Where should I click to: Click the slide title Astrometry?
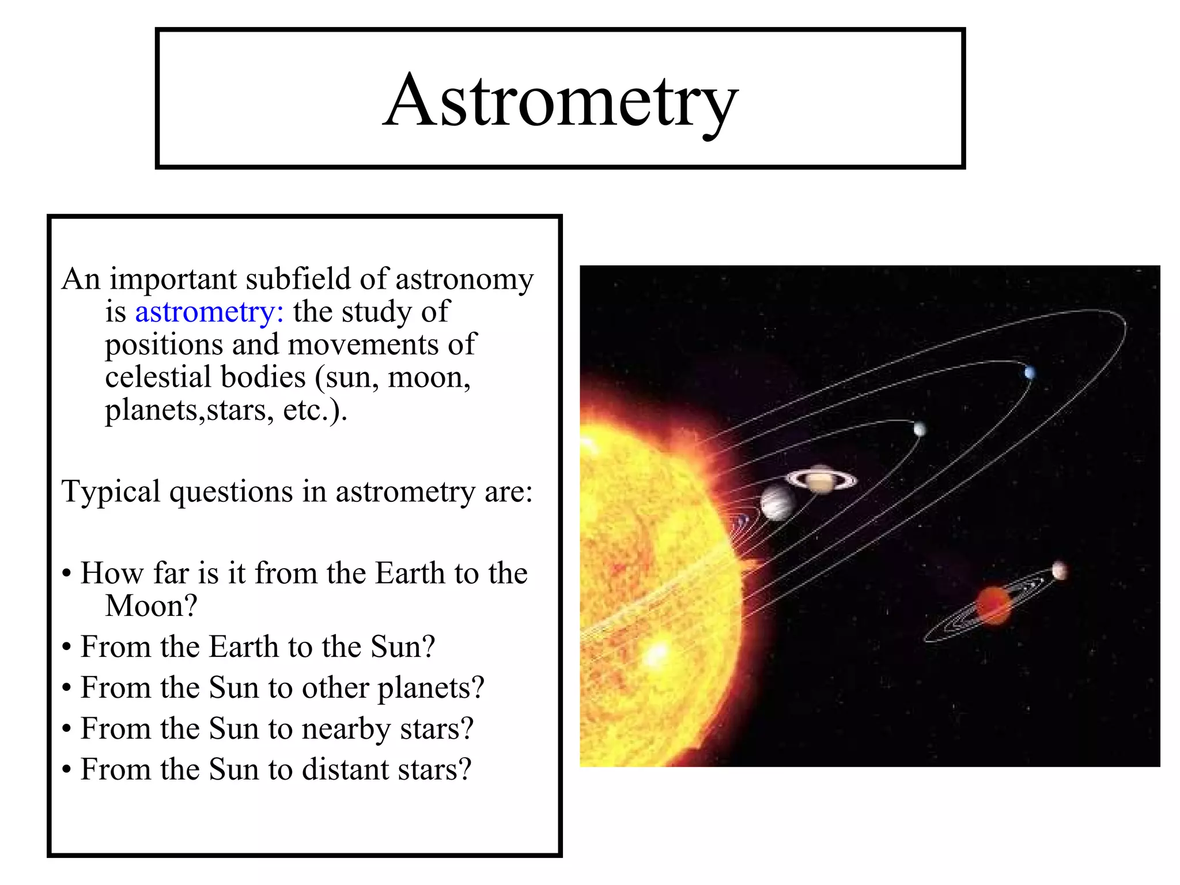click(560, 101)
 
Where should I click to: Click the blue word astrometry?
click(209, 313)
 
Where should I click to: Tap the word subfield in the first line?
click(298, 279)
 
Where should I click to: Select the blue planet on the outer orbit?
click(1030, 373)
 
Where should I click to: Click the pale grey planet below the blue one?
click(920, 429)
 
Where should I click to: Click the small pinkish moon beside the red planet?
click(1059, 571)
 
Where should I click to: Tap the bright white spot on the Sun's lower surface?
click(656, 655)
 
